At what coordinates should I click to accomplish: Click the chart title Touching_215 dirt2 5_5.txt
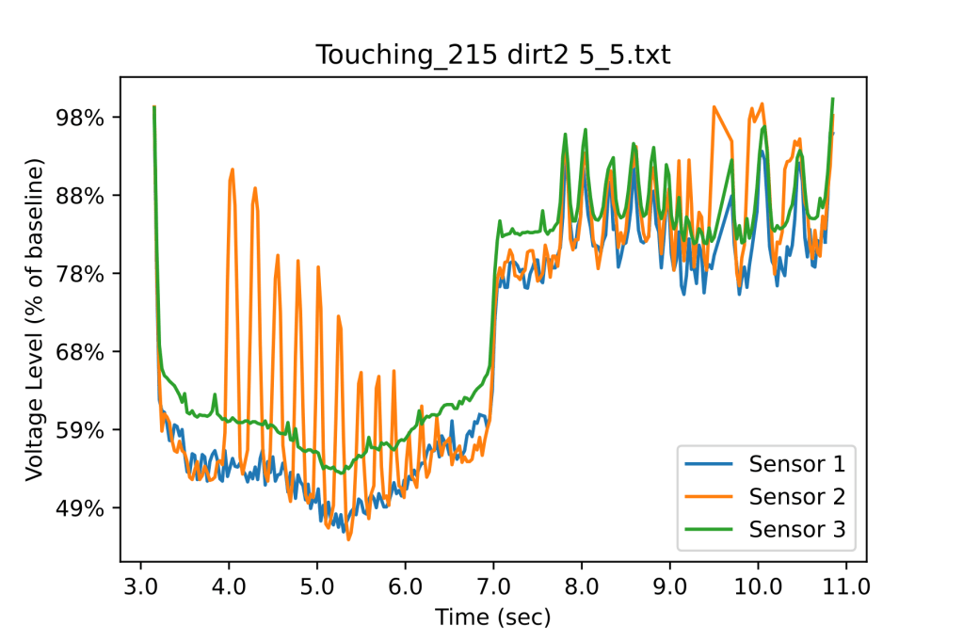492,56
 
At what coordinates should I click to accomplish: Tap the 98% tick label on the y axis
82,118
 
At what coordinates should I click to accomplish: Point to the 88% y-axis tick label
82,196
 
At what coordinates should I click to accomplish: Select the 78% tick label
82,274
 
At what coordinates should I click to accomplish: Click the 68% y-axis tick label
82,352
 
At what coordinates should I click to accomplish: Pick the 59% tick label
82,430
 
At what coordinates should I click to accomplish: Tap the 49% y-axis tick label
82,508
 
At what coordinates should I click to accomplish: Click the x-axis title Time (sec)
492,618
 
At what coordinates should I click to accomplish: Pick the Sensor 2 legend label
796,496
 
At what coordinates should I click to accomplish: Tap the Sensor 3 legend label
796,529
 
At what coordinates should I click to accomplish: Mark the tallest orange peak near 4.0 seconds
232,170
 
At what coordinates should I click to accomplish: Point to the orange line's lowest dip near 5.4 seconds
348,539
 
